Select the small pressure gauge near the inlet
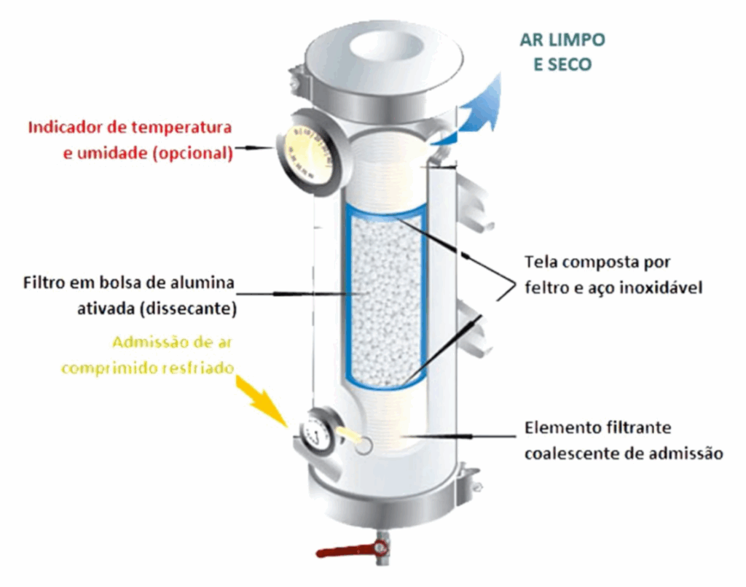pos(318,436)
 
